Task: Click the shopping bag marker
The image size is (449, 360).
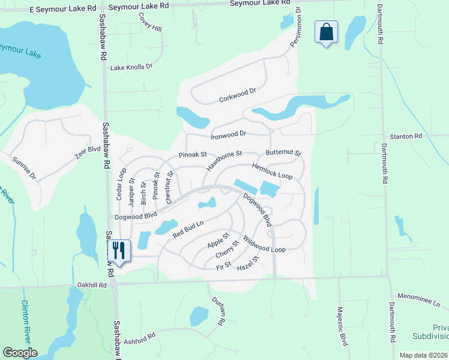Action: pos(326,32)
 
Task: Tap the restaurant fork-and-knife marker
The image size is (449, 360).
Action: pos(118,250)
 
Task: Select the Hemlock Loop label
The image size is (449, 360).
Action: pos(272,172)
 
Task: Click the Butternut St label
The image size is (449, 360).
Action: pos(283,154)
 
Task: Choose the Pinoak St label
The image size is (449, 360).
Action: pos(193,155)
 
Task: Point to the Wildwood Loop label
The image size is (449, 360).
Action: pos(265,244)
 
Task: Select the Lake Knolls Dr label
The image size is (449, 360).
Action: pos(131,67)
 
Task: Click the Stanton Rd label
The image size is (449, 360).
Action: pos(406,137)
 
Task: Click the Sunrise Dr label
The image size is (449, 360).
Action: pos(25,167)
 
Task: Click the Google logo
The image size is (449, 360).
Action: pos(20,353)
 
